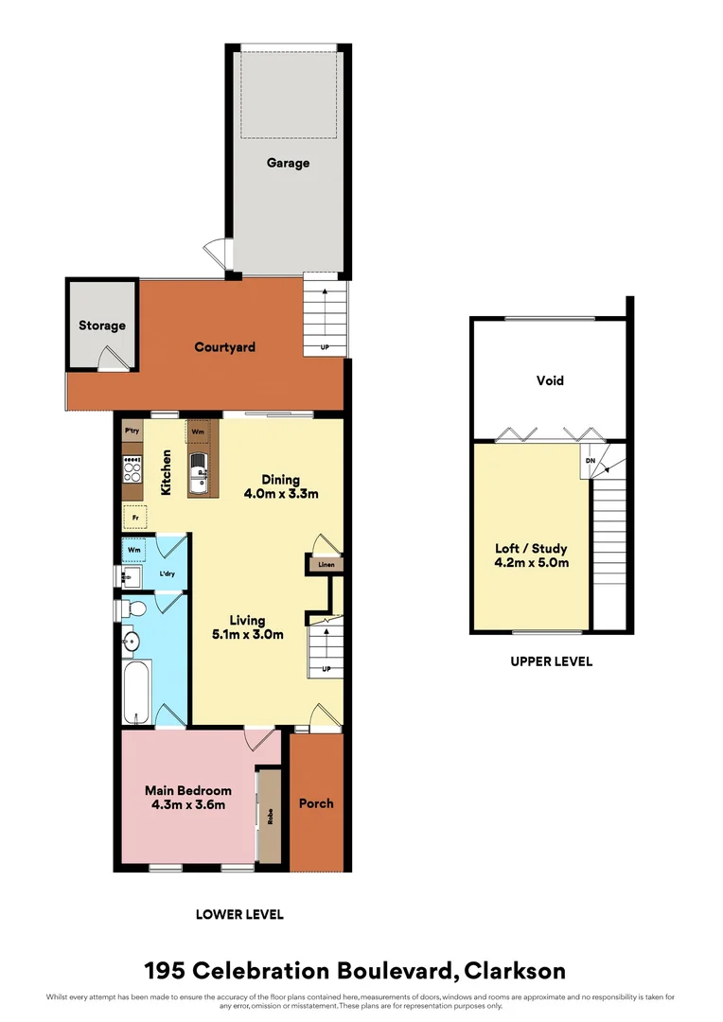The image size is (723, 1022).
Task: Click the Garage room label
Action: pos(288,163)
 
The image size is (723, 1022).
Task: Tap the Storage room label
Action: pos(101,326)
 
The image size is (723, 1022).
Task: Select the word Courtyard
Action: pos(225,347)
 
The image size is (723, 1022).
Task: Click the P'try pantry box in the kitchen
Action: pos(132,432)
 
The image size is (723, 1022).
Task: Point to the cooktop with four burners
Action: pos(132,469)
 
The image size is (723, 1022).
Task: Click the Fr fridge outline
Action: pos(135,518)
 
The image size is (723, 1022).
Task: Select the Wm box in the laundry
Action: pos(133,548)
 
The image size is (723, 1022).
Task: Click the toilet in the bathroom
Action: pos(133,608)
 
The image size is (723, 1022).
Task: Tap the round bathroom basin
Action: pos(131,643)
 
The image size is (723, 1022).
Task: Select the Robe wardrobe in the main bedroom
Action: pos(270,816)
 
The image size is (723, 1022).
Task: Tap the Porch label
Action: pos(316,803)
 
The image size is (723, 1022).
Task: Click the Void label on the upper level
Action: pos(550,380)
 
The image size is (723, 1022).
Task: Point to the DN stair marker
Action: pos(590,460)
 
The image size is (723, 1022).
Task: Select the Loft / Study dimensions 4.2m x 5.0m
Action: pos(531,562)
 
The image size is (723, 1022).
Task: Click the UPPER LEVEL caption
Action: pos(551,661)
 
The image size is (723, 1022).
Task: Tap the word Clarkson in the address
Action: pos(517,971)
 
